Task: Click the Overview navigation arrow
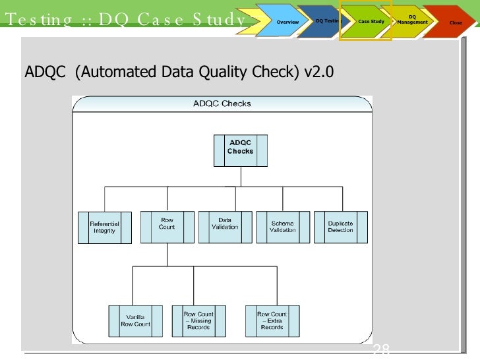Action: [x=287, y=22]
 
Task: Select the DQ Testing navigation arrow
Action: [x=326, y=22]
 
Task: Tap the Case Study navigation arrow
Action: [x=371, y=22]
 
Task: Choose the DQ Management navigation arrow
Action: [x=412, y=20]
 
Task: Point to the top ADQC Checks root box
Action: [x=241, y=150]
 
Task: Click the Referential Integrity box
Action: [x=105, y=227]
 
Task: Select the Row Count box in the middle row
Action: [x=167, y=227]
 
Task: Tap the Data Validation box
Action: [x=225, y=227]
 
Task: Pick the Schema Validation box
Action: [x=283, y=227]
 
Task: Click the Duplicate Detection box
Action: [x=340, y=227]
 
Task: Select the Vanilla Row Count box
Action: [x=136, y=320]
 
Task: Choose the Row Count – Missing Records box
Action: [x=198, y=320]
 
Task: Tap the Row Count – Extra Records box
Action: [x=272, y=320]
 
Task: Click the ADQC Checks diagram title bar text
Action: [x=222, y=104]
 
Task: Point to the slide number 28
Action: [x=381, y=350]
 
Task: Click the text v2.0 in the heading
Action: [x=319, y=71]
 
